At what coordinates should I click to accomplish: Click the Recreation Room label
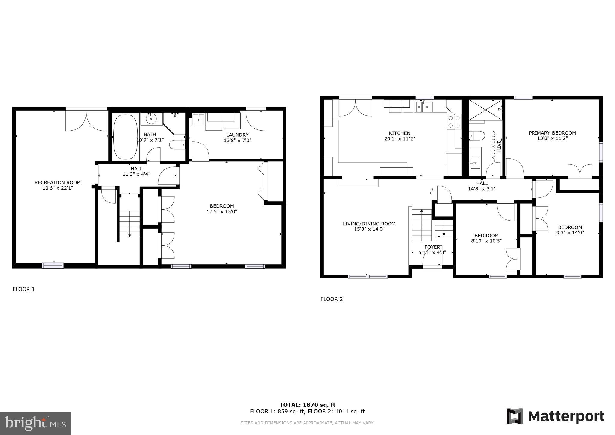coord(58,182)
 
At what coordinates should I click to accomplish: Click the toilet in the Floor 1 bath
coord(177,145)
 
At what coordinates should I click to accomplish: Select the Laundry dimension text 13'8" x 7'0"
coord(237,140)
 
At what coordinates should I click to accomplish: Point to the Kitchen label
coord(399,133)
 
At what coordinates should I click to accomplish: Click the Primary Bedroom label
coord(552,133)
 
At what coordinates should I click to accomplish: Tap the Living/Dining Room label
coord(369,224)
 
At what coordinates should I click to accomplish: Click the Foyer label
coord(432,247)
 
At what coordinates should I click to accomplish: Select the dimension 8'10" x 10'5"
coord(486,241)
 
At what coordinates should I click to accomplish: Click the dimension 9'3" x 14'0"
coord(570,233)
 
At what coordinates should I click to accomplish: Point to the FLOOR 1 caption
coord(23,289)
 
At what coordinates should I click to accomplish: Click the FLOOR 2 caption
coord(332,299)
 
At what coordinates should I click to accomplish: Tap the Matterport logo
coord(555,416)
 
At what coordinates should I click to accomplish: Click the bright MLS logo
coord(35,423)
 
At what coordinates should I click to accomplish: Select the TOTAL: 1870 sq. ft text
coord(307,405)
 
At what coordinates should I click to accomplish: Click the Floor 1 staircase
coord(129,224)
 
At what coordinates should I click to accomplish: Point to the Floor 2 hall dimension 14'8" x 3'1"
coord(482,189)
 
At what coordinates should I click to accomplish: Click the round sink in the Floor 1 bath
coord(151,119)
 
